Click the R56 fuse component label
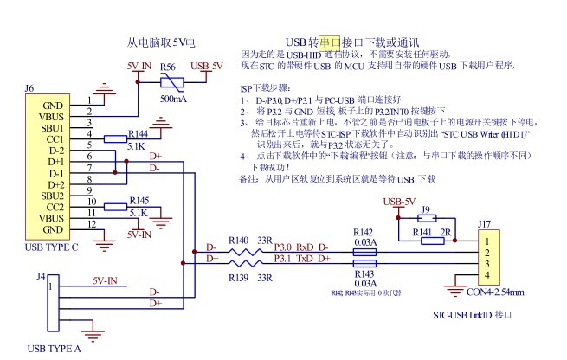click(x=171, y=67)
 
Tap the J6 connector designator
click(x=29, y=88)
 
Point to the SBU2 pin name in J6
click(x=53, y=196)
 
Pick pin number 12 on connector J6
click(x=91, y=223)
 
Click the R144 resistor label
click(x=138, y=135)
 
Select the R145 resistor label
click(x=138, y=201)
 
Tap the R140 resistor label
click(x=239, y=240)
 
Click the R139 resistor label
click(x=239, y=277)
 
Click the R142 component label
click(x=364, y=232)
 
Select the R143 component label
click(x=364, y=273)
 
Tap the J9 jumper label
click(x=424, y=209)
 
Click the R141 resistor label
click(x=422, y=233)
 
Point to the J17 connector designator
click(x=486, y=222)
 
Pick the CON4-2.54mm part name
click(x=496, y=292)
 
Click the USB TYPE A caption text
click(x=55, y=349)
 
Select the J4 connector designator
click(x=41, y=276)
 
